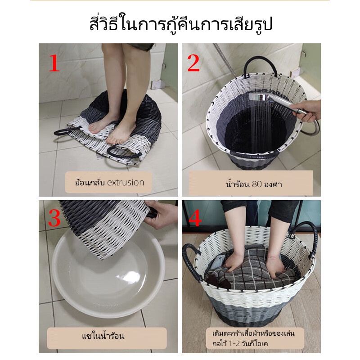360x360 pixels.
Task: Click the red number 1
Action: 54,63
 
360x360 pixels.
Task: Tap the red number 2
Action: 193,63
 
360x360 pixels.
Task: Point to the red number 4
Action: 195,218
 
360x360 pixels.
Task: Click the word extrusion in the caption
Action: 126,183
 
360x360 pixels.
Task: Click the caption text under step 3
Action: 103,336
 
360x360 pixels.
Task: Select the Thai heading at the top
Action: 181,25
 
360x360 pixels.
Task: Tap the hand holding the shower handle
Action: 306,111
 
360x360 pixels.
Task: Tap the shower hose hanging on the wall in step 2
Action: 225,59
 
